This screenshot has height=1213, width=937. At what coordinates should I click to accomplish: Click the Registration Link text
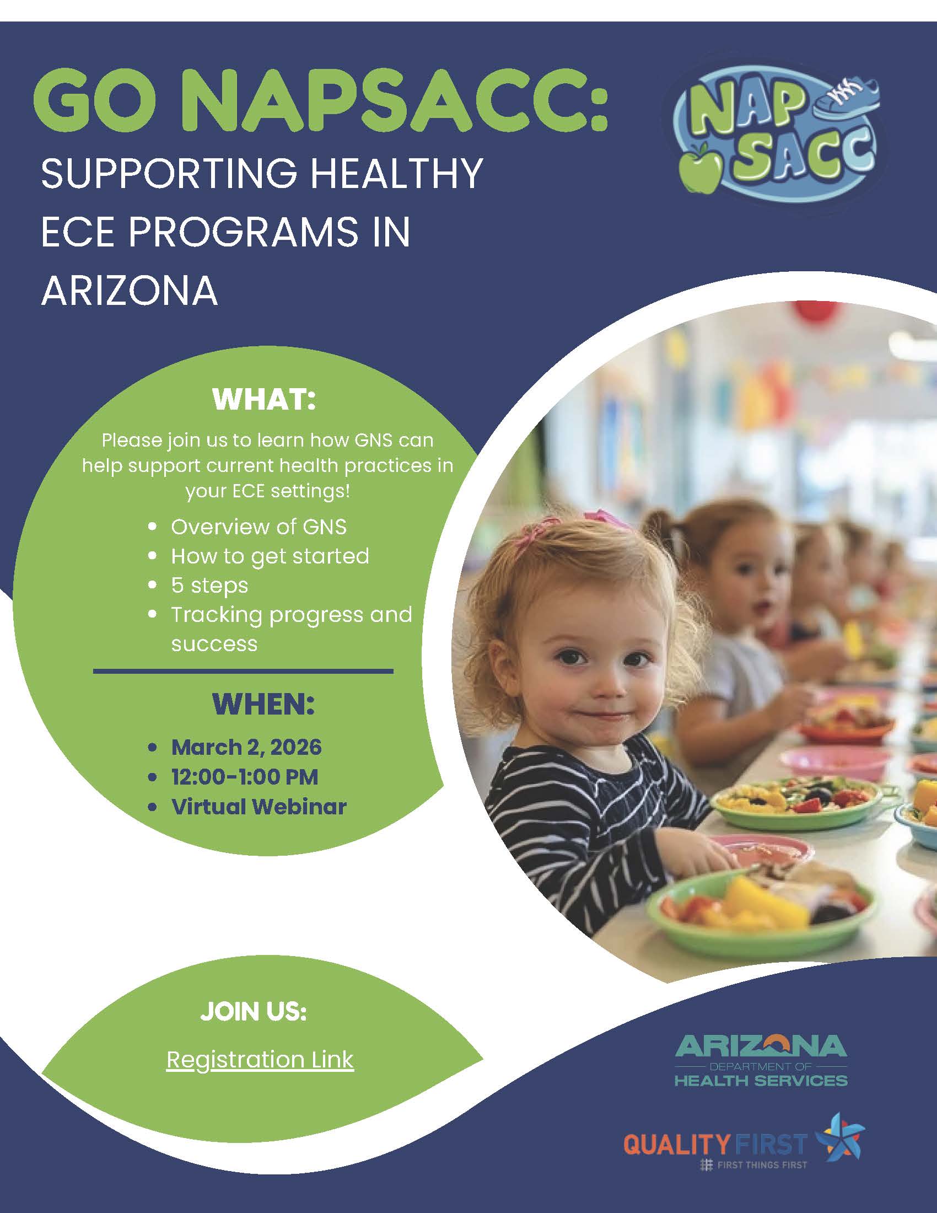(x=260, y=1060)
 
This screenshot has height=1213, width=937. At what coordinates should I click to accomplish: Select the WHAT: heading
(x=263, y=400)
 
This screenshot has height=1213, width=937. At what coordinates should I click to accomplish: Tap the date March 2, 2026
(x=246, y=747)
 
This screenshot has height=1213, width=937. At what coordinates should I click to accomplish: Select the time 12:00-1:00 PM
(x=245, y=776)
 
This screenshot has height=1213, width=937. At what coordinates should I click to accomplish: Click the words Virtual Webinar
(x=259, y=807)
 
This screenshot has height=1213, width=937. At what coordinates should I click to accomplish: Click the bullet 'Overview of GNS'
(x=259, y=527)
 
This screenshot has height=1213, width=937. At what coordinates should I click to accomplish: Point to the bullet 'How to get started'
(x=270, y=556)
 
